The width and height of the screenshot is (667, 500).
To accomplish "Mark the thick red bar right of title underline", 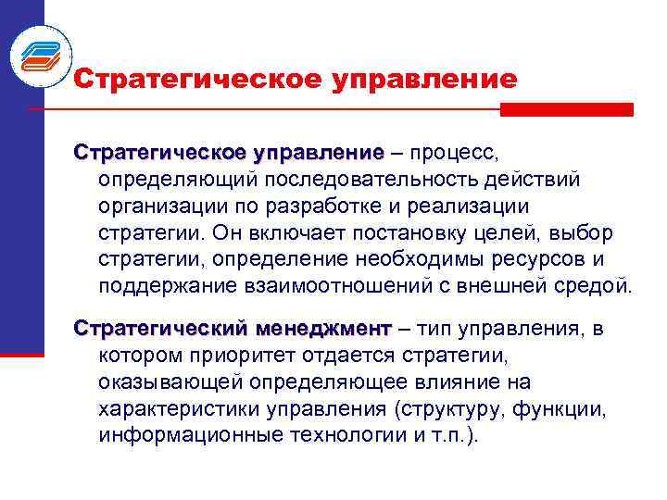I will (566, 109).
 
